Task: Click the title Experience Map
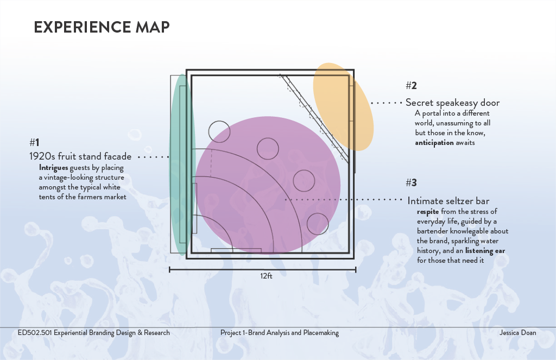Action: click(102, 27)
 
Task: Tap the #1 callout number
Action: click(34, 142)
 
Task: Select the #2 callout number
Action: click(411, 85)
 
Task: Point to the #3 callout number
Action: click(411, 182)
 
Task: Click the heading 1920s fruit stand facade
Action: click(80, 156)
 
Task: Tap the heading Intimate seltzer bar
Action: click(448, 201)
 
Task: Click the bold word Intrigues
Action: click(53, 168)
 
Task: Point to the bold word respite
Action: click(428, 211)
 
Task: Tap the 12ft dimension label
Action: click(266, 276)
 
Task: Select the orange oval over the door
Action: click(343, 106)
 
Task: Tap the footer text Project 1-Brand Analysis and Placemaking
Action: click(280, 333)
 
